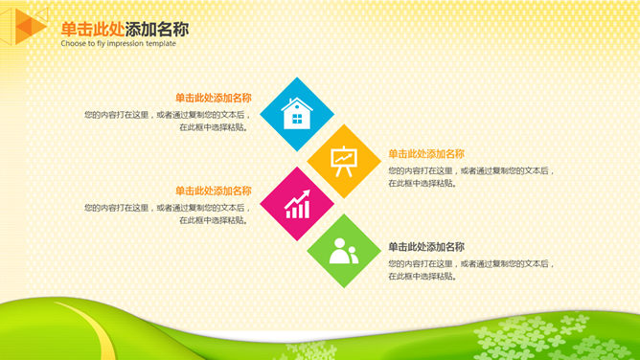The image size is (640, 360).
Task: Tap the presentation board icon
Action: tap(343, 160)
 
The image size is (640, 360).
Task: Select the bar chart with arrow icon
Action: tap(297, 203)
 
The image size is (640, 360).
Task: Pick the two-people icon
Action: tap(343, 252)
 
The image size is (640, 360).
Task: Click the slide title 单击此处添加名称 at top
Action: tap(125, 29)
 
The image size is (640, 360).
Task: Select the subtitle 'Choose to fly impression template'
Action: tap(118, 44)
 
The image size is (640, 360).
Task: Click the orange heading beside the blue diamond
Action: tap(213, 98)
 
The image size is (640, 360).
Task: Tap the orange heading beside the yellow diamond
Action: tap(426, 153)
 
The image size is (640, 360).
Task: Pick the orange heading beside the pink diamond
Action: tap(213, 191)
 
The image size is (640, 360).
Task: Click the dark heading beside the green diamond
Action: tap(426, 246)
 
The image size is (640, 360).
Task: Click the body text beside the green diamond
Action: tap(470, 269)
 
